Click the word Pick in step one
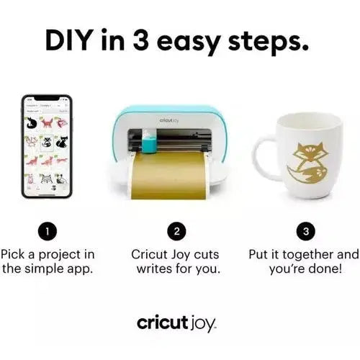(x=14, y=254)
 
